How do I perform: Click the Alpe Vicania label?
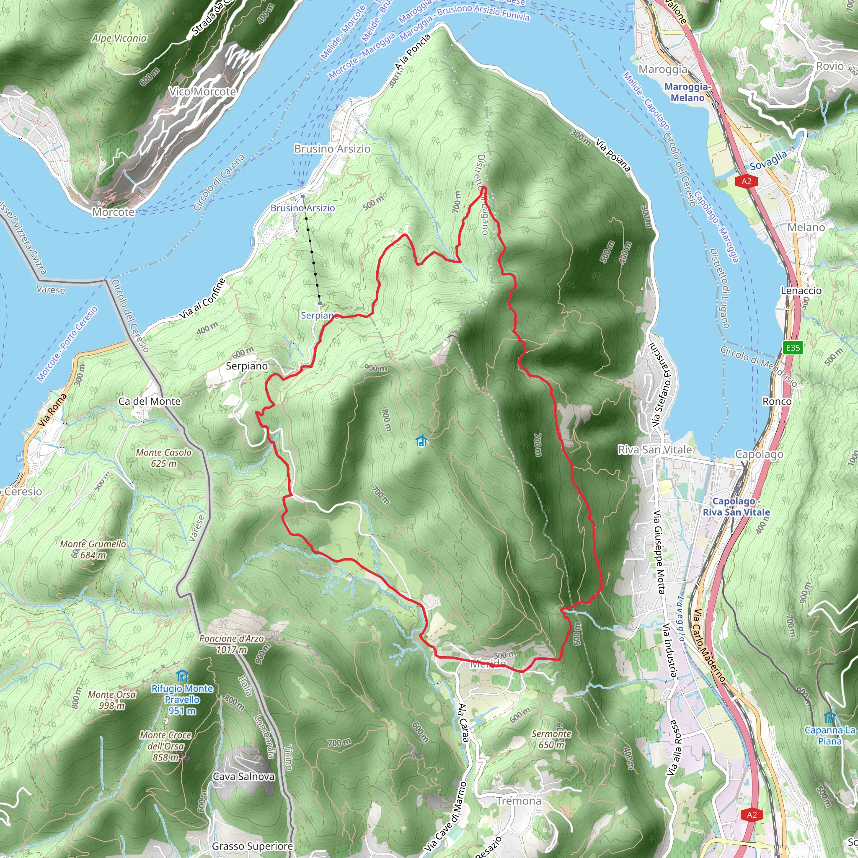pos(119,38)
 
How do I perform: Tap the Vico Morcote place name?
pos(202,91)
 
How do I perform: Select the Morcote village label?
pos(113,212)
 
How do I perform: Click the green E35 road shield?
pos(793,348)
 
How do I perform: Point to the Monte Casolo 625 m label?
pos(163,458)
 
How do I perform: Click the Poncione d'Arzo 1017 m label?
pos(231,644)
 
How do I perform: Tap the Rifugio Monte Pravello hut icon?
pos(182,676)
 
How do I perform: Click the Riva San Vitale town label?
pos(655,450)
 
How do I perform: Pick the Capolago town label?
pos(760,454)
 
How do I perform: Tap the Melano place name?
pos(806,227)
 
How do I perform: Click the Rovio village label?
pos(830,66)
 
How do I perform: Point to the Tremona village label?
pos(519,801)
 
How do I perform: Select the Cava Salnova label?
pos(243,777)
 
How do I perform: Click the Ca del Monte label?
pos(150,401)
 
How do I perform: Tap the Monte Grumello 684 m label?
pos(93,549)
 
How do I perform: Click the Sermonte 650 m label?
pos(551,739)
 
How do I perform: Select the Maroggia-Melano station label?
pos(687,92)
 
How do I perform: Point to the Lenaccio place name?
pos(801,290)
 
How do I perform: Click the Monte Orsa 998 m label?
pos(112,700)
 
